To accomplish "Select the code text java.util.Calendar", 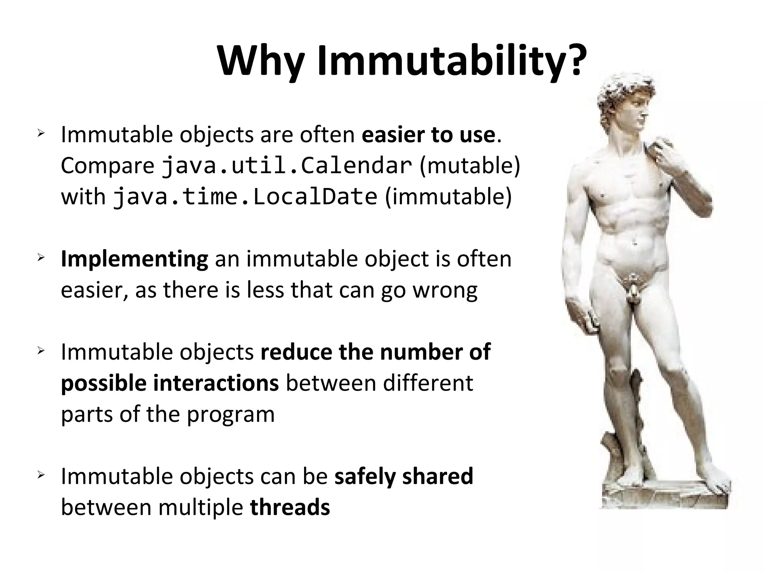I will click(287, 166).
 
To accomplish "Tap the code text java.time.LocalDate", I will click(245, 197).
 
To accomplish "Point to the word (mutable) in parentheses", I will click(470, 166).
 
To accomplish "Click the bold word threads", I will click(290, 507).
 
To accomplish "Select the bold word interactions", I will click(216, 383).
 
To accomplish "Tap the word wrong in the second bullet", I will click(445, 290).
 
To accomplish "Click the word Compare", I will click(108, 166).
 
